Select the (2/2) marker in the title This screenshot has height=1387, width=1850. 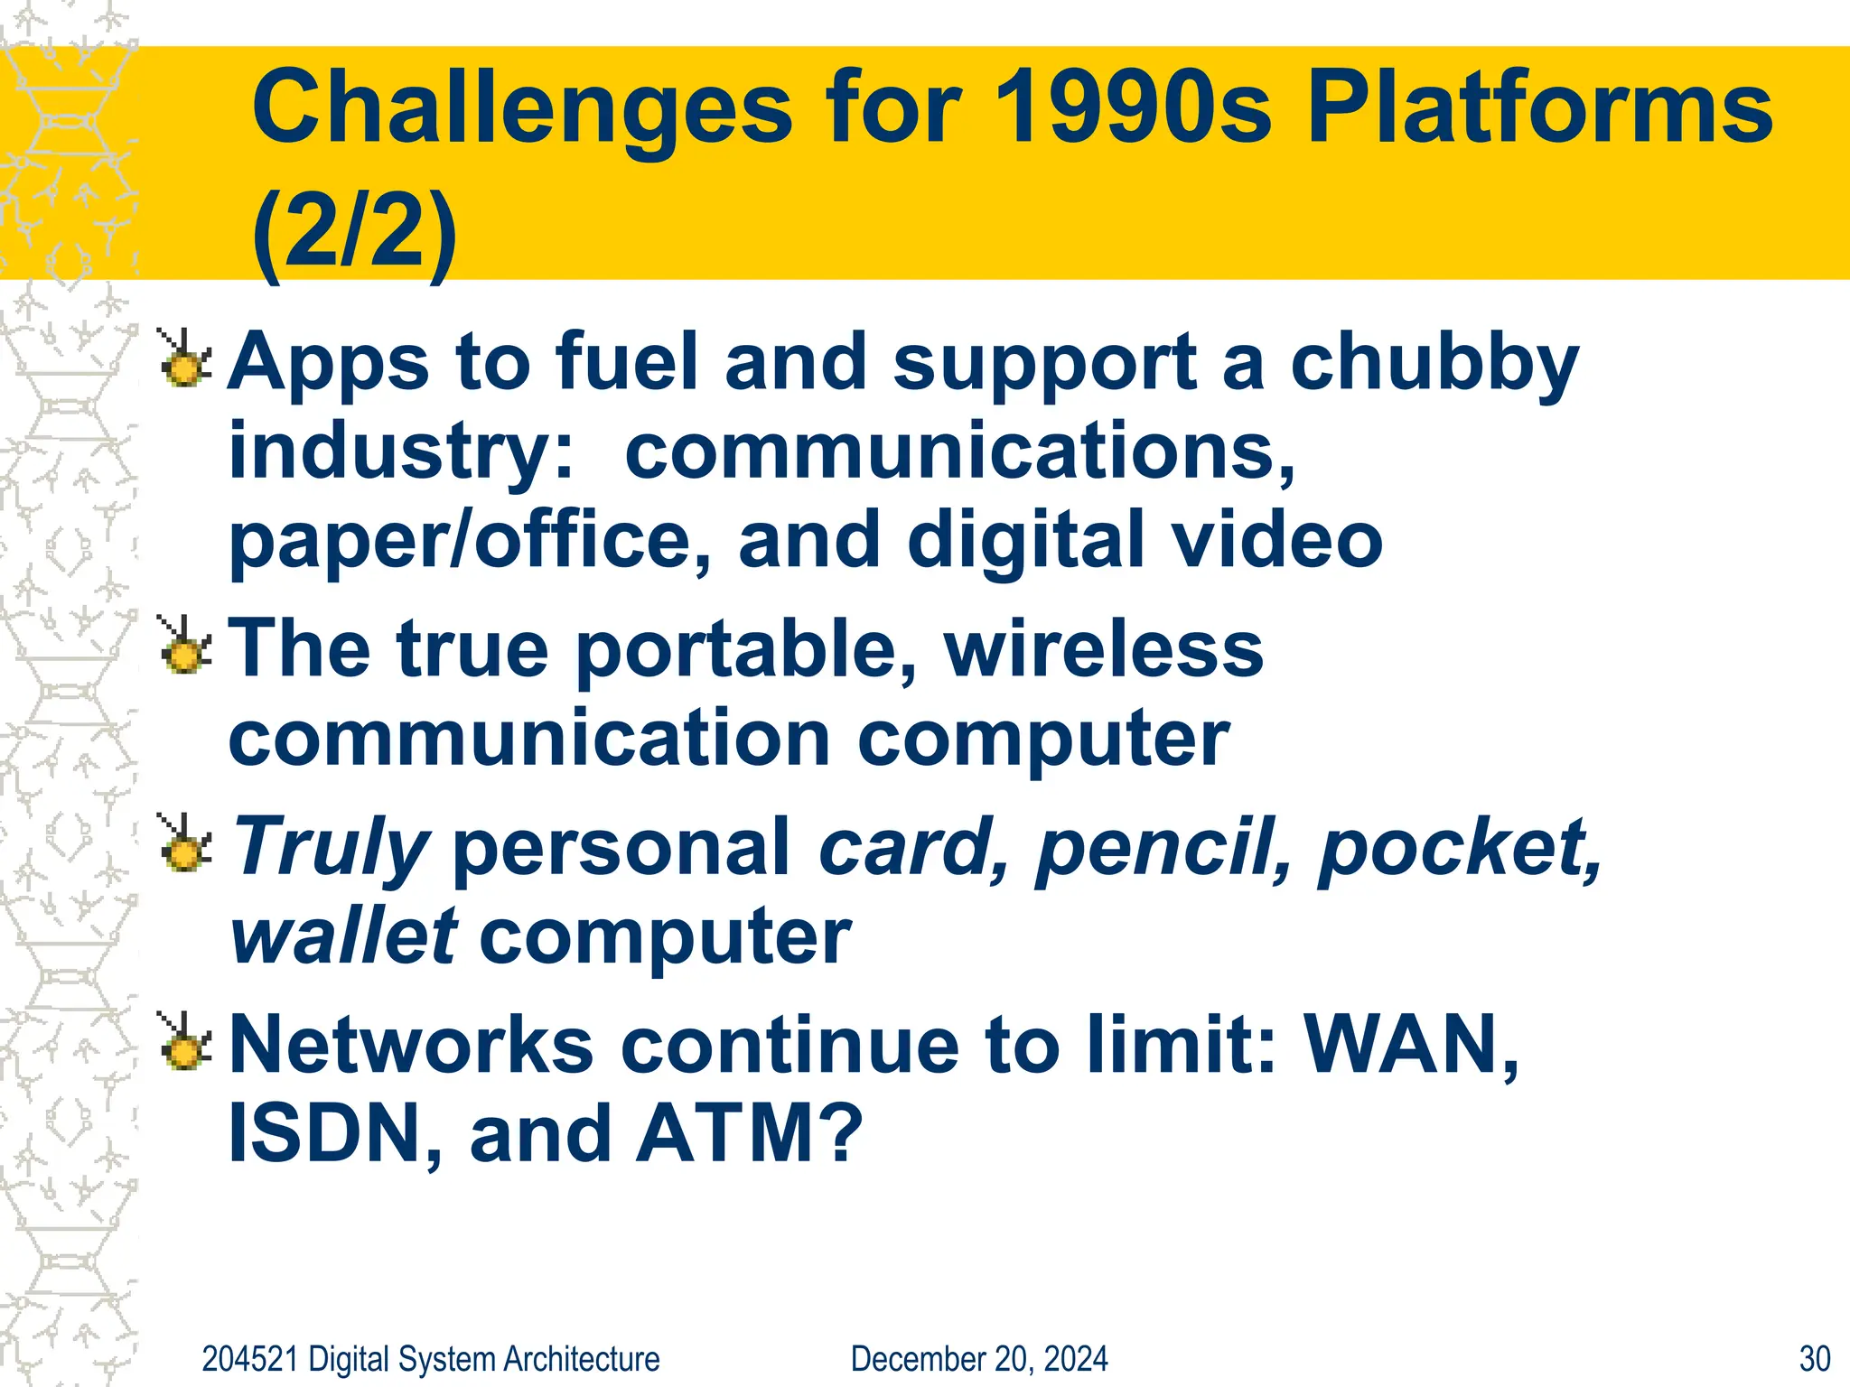pyautogui.click(x=354, y=232)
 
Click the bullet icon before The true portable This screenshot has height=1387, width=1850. pyautogui.click(x=185, y=647)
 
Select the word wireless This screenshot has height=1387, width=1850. pyautogui.click(x=1103, y=648)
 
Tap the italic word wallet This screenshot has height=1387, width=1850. pyautogui.click(x=343, y=936)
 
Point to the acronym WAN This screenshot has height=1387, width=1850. pyautogui.click(x=1407, y=1045)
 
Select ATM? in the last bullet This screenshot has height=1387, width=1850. pyautogui.click(x=748, y=1133)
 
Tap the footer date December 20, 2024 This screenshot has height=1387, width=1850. pyautogui.click(x=978, y=1359)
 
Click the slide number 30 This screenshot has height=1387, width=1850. pyautogui.click(x=1814, y=1359)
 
